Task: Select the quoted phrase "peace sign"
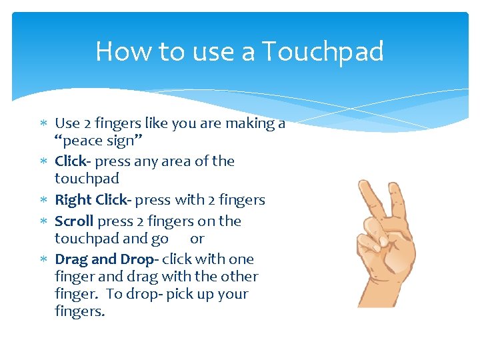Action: point(98,141)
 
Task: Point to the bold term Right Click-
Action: point(93,200)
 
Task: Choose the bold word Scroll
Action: point(74,221)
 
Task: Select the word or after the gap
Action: point(197,239)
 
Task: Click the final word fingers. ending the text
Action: point(80,311)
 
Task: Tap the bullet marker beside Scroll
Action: point(43,221)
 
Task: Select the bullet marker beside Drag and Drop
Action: point(43,259)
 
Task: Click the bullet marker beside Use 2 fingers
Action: point(43,123)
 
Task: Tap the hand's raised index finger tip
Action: point(363,187)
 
